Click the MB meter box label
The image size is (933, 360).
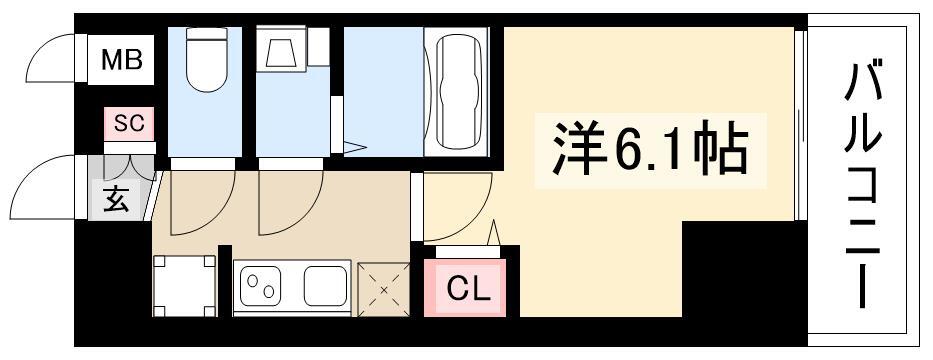coord(121,60)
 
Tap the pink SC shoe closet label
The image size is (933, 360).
coord(129,123)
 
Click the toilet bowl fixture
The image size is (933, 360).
coord(205,60)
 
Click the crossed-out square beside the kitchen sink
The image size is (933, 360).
coord(384,290)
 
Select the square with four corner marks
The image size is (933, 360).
coord(184,286)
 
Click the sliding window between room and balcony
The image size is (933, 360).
coord(800,124)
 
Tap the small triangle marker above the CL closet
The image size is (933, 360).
coord(493,233)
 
